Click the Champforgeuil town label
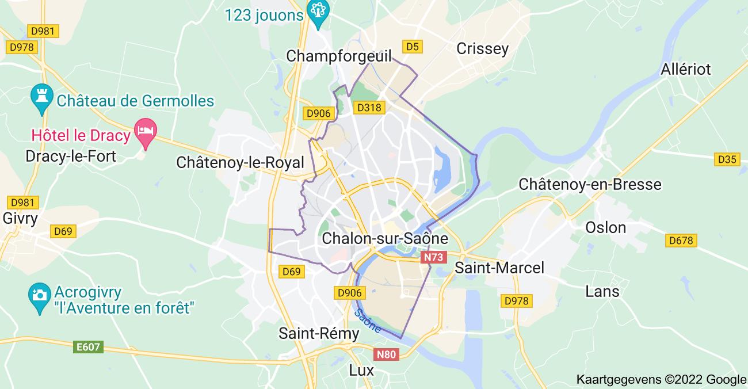pos(338,56)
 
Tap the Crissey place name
pos(482,48)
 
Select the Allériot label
pos(686,69)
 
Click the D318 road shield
pos(369,108)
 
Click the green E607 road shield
pos(89,347)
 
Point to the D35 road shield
pos(727,159)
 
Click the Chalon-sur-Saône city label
pos(385,238)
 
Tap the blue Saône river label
pos(367,320)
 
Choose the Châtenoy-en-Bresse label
pos(590,184)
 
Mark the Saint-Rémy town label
pos(311,333)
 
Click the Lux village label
pos(361,370)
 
